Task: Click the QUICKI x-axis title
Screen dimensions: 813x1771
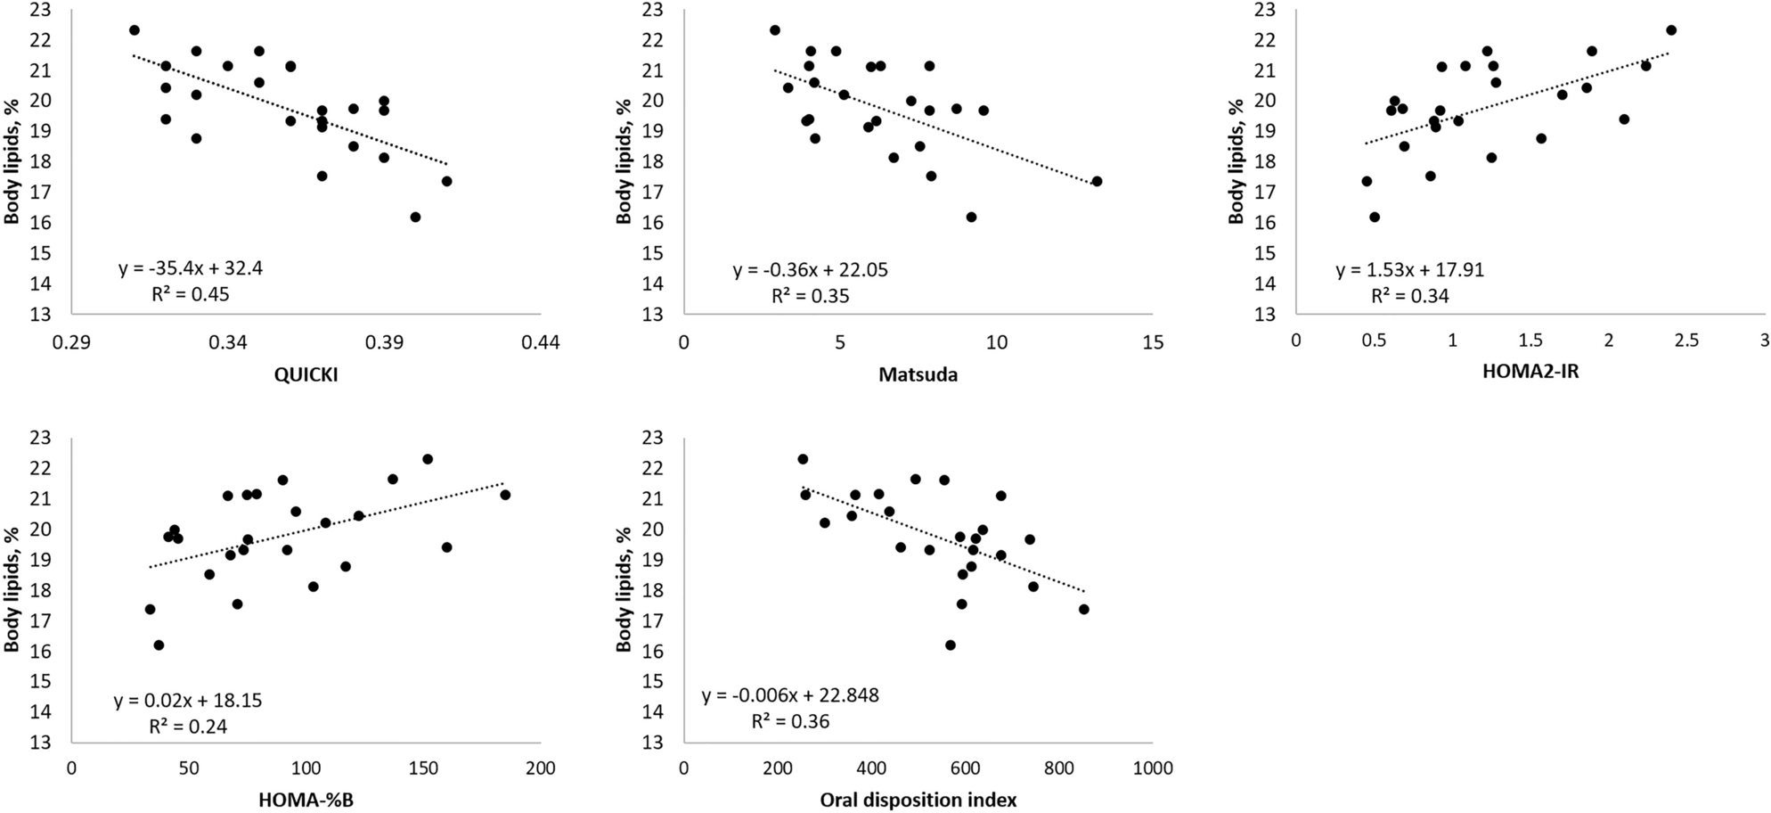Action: (x=306, y=374)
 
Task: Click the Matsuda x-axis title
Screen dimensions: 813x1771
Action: (x=918, y=374)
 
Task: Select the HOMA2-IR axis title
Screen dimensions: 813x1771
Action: (x=1530, y=372)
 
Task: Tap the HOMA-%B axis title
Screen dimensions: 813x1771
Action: (x=306, y=800)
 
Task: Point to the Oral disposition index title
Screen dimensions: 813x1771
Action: (x=918, y=800)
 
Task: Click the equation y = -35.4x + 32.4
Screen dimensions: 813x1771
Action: (x=191, y=268)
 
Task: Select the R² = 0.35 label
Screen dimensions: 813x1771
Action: (x=810, y=296)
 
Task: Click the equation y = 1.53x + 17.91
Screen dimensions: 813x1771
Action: (x=1410, y=270)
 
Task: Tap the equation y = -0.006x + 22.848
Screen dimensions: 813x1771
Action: (x=790, y=695)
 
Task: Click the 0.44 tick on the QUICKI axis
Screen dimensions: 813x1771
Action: (x=541, y=343)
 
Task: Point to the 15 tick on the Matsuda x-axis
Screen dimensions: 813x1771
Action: (x=1153, y=343)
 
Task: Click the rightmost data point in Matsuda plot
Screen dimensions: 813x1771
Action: (x=1097, y=181)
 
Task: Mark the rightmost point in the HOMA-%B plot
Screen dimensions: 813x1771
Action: (x=505, y=495)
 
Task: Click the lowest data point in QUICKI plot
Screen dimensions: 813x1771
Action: (x=415, y=217)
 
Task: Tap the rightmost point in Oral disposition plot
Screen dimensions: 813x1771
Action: (x=1083, y=609)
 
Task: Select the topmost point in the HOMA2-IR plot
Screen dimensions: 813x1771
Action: (x=1671, y=30)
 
